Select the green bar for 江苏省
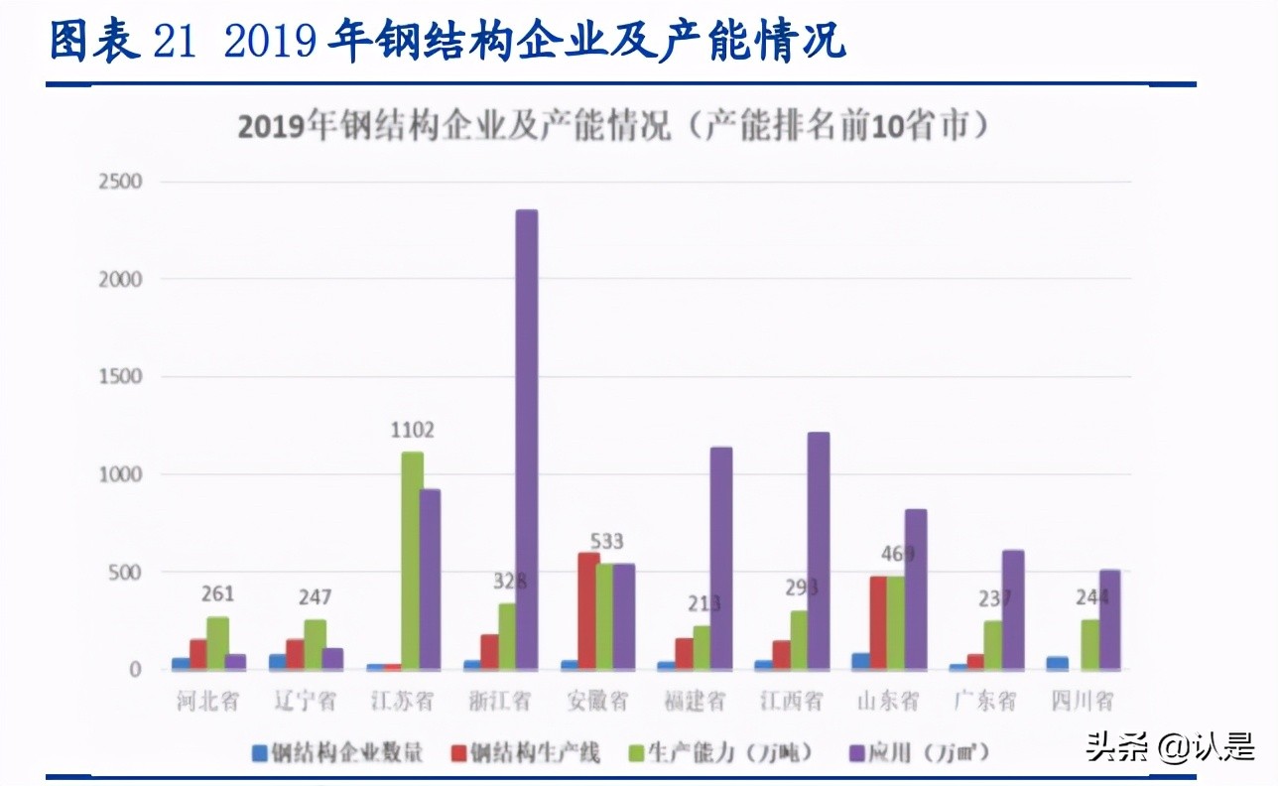click(x=412, y=560)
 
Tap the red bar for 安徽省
click(x=588, y=610)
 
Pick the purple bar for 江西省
click(x=818, y=550)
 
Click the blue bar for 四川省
click(x=1057, y=663)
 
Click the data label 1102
click(x=412, y=431)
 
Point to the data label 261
click(x=217, y=594)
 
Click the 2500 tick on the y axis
click(x=119, y=182)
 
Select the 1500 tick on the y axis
click(x=119, y=377)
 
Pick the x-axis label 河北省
click(x=208, y=701)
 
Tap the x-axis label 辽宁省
click(x=306, y=701)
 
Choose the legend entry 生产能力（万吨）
click(x=729, y=753)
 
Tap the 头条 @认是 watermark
click(x=1171, y=745)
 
